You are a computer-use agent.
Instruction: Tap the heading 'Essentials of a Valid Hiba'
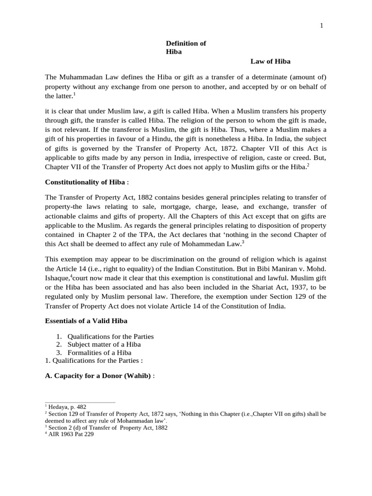[x=86, y=321]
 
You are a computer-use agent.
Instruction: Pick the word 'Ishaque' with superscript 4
[x=57, y=278]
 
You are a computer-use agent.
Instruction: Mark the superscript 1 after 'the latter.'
[x=74, y=94]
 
